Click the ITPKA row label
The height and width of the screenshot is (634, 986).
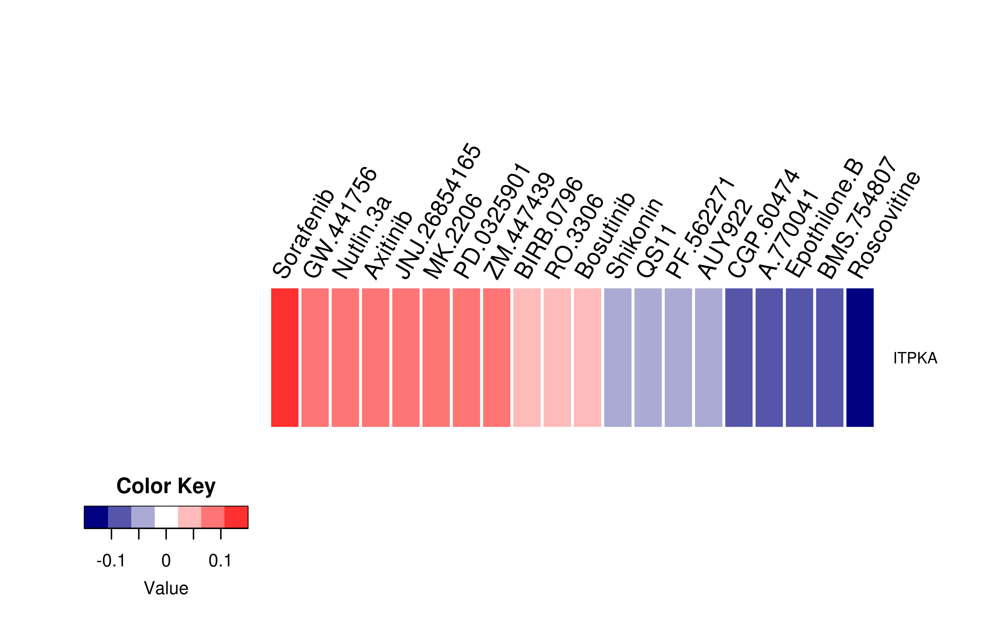point(915,358)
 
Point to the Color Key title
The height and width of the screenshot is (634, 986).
point(166,486)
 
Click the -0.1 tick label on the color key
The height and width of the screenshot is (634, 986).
point(111,561)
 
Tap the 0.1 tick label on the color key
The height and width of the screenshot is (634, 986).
point(220,561)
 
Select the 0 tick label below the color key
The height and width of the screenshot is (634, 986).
point(166,561)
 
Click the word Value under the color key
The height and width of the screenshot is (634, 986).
point(166,588)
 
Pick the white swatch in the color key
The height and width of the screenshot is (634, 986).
point(166,517)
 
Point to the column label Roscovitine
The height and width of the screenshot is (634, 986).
point(884,224)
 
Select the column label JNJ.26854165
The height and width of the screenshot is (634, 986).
point(437,211)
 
